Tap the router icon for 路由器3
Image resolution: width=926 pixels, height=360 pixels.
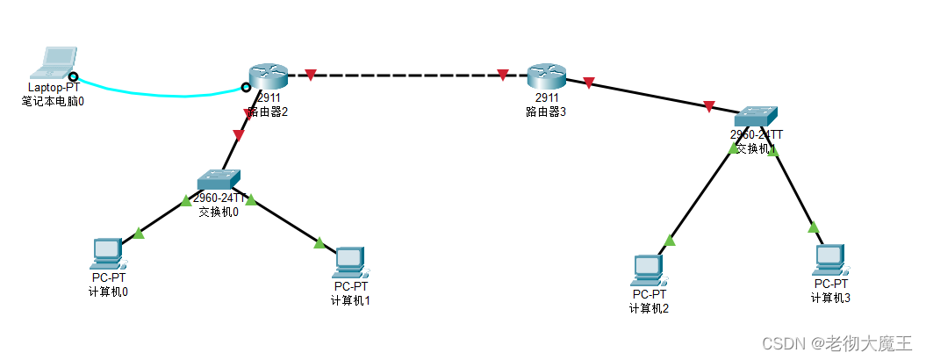coord(545,76)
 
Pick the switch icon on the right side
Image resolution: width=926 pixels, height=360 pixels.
coord(756,116)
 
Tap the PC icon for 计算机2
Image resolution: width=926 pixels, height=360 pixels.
coord(649,270)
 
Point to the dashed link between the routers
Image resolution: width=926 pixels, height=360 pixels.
coord(404,76)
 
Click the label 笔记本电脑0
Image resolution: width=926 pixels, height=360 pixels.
coord(53,101)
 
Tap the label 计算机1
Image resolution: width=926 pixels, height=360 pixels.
coord(350,300)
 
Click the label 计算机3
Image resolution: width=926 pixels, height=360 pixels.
coord(830,298)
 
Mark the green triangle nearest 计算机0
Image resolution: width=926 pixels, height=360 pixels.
coord(139,233)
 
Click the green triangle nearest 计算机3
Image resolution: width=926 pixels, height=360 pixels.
coord(814,227)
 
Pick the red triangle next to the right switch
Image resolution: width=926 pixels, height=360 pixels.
coord(708,107)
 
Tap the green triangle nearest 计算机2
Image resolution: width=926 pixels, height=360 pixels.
coord(670,240)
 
